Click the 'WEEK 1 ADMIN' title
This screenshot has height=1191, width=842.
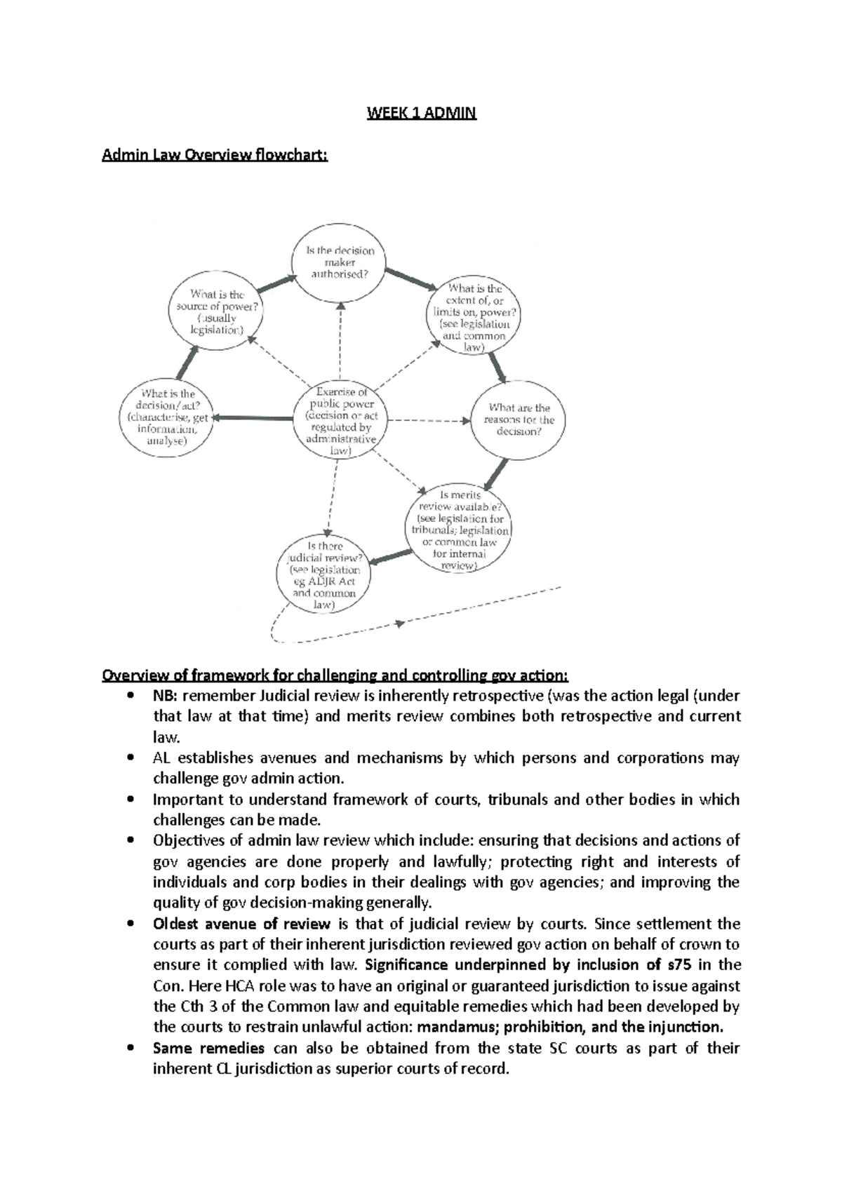tap(422, 114)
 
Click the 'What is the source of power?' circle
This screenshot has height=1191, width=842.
tap(217, 312)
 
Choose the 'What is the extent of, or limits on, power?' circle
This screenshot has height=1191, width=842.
tap(475, 318)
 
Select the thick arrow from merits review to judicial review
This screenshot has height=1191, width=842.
tap(390, 556)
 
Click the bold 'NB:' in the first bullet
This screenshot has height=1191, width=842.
tap(166, 697)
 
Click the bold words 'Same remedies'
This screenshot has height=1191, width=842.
tap(208, 1049)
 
